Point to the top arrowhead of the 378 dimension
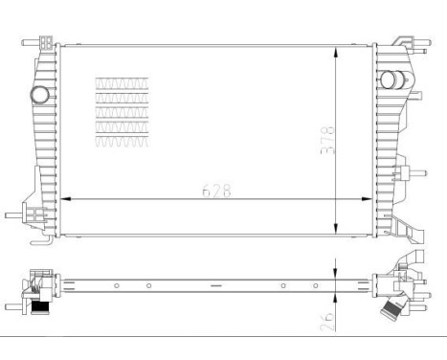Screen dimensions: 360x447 click(336, 49)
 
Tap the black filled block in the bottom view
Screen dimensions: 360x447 click(40, 306)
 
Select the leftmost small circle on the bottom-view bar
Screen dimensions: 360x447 click(116, 285)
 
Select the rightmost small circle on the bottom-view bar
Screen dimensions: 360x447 click(315, 285)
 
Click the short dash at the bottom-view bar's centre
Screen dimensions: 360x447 click(216, 285)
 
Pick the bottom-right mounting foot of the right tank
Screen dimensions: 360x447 click(404, 233)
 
